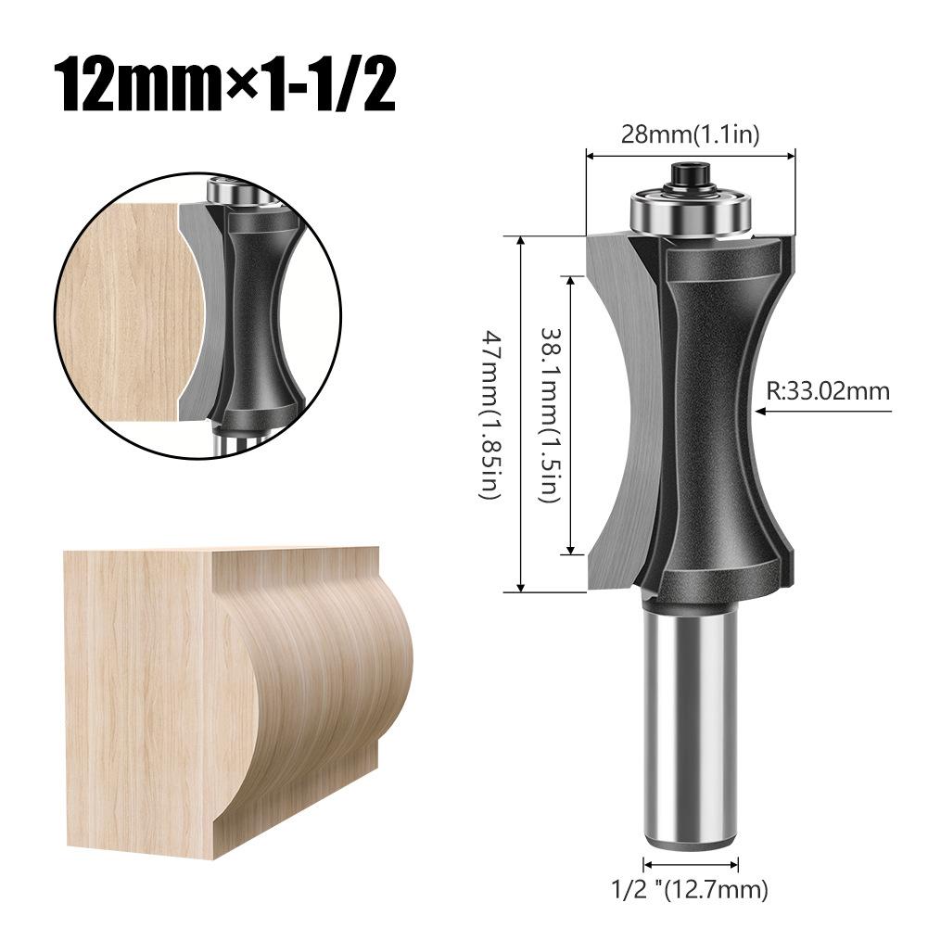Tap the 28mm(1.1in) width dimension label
pyautogui.click(x=690, y=134)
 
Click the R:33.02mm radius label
pyautogui.click(x=828, y=390)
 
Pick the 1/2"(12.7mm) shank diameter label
pyautogui.click(x=690, y=891)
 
